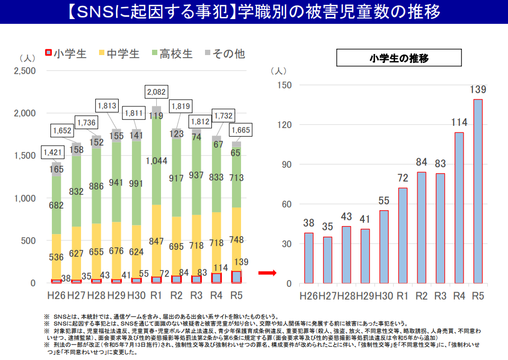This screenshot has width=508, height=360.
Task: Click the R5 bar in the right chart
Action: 478,191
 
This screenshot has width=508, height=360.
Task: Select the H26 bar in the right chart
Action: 309,258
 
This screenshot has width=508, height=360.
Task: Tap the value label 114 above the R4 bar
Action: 459,123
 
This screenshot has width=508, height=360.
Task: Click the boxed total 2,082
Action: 156,92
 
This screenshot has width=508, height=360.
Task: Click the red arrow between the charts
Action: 268,273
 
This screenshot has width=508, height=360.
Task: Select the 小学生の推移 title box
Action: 398,58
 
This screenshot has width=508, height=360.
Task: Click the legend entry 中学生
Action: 118,54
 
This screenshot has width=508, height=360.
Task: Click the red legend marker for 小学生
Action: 47,54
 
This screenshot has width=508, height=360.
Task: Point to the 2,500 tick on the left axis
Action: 25,71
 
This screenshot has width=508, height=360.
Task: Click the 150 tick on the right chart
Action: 285,85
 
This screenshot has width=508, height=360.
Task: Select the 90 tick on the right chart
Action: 287,165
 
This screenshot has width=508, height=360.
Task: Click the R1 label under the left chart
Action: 156,294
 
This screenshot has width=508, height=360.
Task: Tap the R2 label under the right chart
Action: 422,295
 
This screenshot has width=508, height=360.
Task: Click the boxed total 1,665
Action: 241,130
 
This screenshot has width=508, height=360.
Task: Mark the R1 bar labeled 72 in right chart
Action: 403,236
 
